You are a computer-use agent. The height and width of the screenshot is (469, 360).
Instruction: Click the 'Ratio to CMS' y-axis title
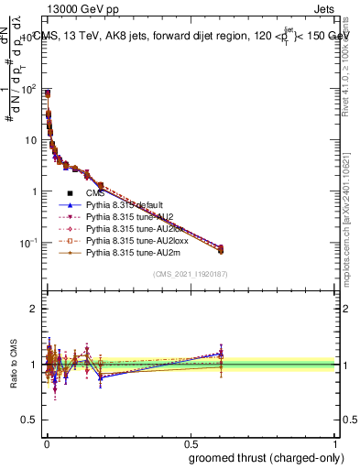12,365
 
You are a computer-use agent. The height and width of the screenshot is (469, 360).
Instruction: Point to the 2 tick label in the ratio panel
33,309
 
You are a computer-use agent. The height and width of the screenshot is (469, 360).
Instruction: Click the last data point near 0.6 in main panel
220,248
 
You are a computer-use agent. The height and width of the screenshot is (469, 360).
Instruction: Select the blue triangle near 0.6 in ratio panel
220,353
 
